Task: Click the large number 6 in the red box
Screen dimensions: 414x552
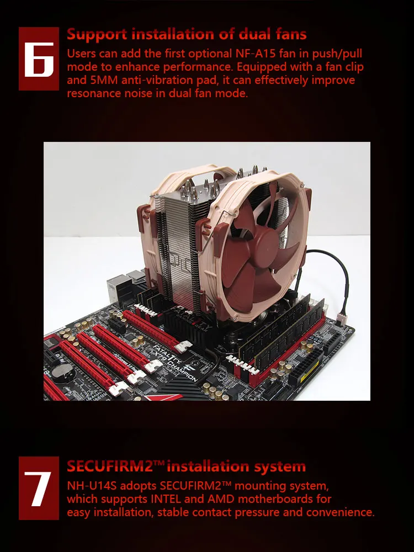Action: pos(39,59)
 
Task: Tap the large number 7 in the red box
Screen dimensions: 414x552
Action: pos(38,489)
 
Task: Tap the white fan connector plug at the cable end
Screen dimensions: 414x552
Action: pos(341,319)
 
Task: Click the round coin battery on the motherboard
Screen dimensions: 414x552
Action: pos(62,370)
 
